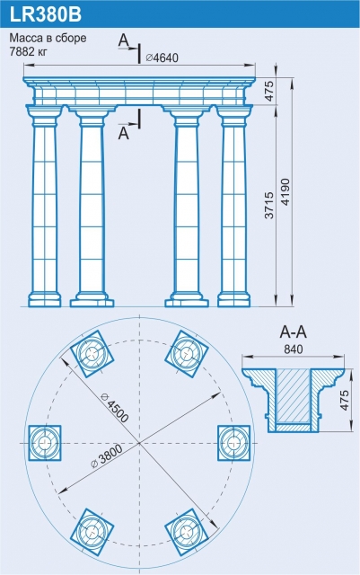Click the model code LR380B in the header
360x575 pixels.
tap(45, 15)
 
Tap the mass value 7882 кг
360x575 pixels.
tap(28, 52)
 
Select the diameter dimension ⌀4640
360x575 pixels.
tap(162, 57)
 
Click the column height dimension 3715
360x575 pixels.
tap(269, 205)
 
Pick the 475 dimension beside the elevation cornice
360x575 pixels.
tap(269, 91)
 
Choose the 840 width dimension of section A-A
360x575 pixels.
tap(294, 349)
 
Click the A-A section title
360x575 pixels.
tap(294, 332)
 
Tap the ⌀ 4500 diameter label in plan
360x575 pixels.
tap(114, 406)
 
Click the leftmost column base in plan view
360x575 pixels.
tap(45, 443)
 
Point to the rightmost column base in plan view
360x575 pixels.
tap(234, 443)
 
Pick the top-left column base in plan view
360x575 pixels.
tap(92, 353)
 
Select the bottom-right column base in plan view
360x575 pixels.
tap(187, 531)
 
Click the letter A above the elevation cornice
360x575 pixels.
tap(124, 40)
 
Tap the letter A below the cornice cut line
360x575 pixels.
tap(124, 134)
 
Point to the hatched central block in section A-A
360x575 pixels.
tap(293, 396)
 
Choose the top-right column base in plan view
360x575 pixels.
tap(187, 353)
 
